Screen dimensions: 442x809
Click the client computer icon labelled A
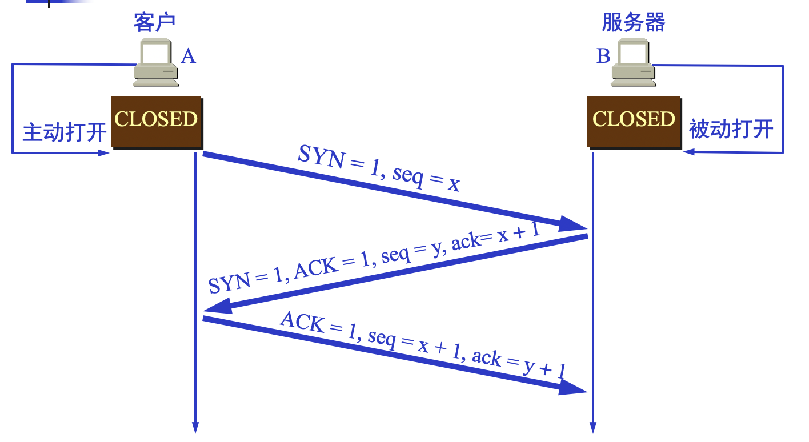[x=155, y=63]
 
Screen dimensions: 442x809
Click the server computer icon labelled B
[x=633, y=63]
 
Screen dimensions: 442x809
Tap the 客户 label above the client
[x=154, y=22]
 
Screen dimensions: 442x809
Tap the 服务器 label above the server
[x=634, y=22]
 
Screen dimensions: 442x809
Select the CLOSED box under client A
[x=156, y=120]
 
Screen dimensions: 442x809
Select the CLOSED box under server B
[x=634, y=120]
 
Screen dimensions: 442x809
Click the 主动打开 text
[x=65, y=132]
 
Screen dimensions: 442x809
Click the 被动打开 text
[x=731, y=129]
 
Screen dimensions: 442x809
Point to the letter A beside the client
[x=188, y=56]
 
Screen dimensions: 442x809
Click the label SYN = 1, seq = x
[x=378, y=168]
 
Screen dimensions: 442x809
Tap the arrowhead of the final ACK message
[x=572, y=388]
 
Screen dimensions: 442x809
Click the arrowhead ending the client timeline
[x=195, y=427]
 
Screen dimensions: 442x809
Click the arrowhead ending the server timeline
[x=592, y=427]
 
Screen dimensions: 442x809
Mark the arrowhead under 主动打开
[x=103, y=153]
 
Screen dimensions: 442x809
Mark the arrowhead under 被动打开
[x=689, y=152]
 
